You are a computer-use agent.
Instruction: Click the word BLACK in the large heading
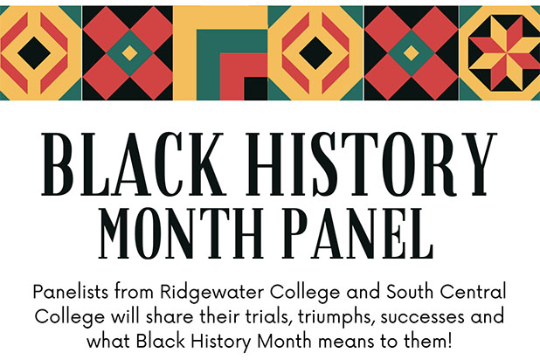[134, 164]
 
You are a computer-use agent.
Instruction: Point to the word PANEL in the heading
[358, 233]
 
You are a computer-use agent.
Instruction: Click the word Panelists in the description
[72, 292]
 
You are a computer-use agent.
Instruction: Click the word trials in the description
[267, 317]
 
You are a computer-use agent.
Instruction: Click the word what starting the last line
[108, 342]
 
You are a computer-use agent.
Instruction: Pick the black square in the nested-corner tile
[256, 88]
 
